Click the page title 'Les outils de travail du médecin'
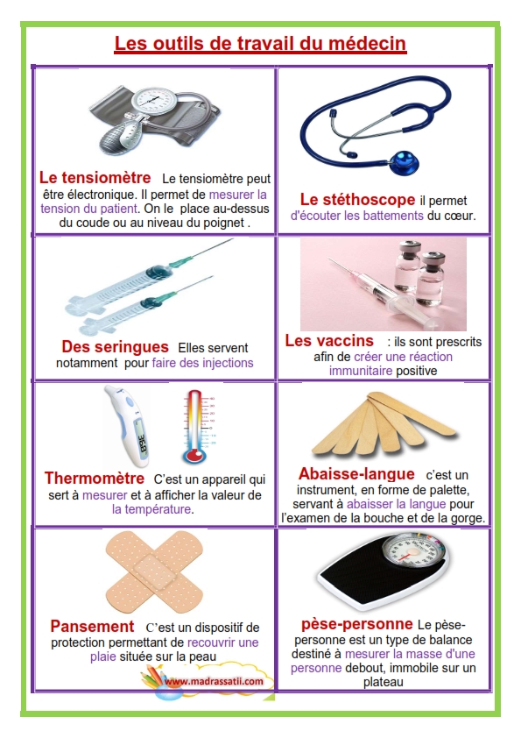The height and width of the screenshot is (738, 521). [x=260, y=44]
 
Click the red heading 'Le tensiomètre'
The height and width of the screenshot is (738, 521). [x=95, y=177]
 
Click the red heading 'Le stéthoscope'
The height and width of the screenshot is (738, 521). [x=357, y=199]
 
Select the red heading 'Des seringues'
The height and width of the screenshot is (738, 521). [x=114, y=346]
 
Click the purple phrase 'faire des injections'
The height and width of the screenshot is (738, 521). [x=202, y=362]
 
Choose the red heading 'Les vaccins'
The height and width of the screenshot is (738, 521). [x=329, y=340]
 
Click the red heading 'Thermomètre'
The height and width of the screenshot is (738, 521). [x=94, y=479]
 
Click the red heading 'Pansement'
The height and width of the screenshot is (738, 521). [x=92, y=627]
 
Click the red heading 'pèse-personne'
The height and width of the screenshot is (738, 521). [x=356, y=624]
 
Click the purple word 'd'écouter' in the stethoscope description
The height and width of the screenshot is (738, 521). [x=318, y=216]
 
